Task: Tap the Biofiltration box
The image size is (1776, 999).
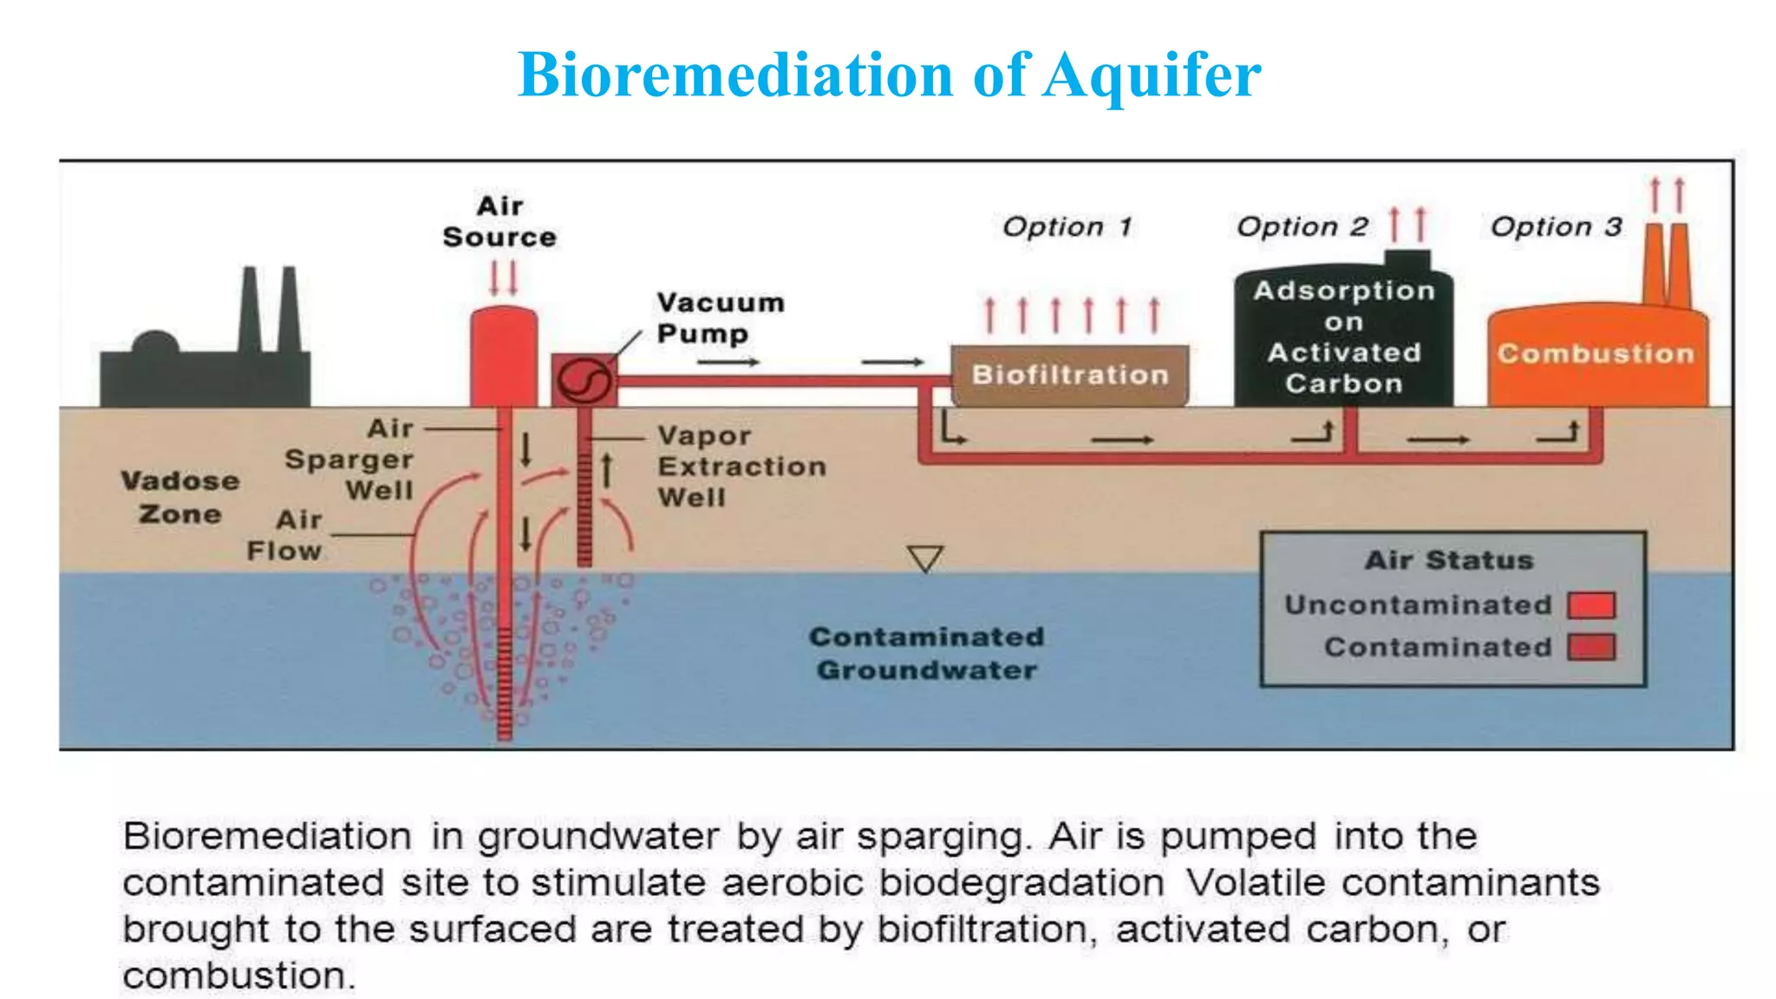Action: tap(1069, 375)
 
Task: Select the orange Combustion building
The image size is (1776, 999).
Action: tap(1596, 356)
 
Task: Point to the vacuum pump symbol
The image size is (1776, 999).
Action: tap(584, 380)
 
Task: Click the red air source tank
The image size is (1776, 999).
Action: tap(503, 356)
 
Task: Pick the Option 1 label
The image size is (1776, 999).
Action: tap(1068, 227)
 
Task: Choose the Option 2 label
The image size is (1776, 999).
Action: tap(1302, 227)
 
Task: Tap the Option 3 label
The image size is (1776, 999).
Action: tap(1556, 227)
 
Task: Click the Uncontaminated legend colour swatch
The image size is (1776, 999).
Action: tap(1591, 605)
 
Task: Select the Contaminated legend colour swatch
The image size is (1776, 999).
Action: tap(1591, 648)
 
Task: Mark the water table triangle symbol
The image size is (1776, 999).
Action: tap(924, 558)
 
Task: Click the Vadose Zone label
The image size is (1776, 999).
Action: tap(180, 498)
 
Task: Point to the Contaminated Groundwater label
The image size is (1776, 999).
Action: tap(926, 654)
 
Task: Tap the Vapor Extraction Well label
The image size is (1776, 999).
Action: tap(741, 467)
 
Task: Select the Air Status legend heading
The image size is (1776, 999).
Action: tap(1449, 560)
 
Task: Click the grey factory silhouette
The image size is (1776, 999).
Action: tap(206, 364)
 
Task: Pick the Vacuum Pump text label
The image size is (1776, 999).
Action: tap(720, 318)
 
